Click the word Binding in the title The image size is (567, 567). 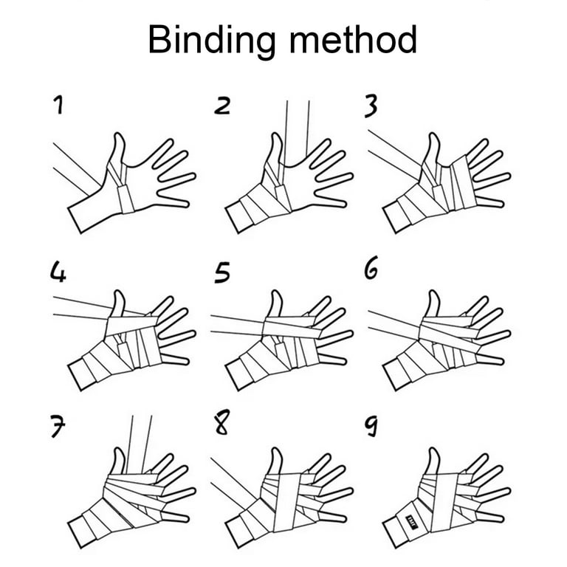[x=212, y=41]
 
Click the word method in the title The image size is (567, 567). [x=354, y=39]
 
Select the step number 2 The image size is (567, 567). [x=222, y=106]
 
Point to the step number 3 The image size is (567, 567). [x=371, y=106]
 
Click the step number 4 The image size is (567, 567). [x=58, y=272]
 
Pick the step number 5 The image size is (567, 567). [x=222, y=272]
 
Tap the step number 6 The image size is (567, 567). [x=371, y=267]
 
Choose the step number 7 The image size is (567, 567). [x=58, y=427]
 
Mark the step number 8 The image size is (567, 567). [x=221, y=422]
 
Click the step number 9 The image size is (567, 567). [x=371, y=425]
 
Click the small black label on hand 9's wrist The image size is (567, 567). [x=412, y=520]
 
